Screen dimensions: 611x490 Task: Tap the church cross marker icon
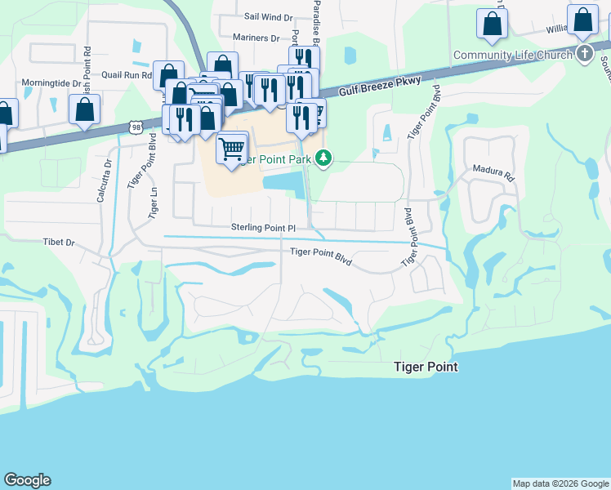pos(584,55)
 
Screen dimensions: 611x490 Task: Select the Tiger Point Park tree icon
pos(324,158)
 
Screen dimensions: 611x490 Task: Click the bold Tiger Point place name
pos(426,367)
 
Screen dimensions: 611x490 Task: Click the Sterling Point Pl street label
pos(245,228)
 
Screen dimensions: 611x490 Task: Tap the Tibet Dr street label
pos(58,243)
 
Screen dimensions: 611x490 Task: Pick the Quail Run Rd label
pos(127,74)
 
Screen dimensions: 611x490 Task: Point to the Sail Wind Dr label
pos(268,16)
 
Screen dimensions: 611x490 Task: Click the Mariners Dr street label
pos(250,38)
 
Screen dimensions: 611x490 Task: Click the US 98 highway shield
pos(136,127)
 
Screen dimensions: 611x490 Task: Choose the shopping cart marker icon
pos(233,148)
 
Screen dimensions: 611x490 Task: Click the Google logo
pos(27,480)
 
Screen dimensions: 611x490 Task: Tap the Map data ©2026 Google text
pos(560,483)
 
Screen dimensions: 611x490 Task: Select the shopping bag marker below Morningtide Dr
pos(84,108)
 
